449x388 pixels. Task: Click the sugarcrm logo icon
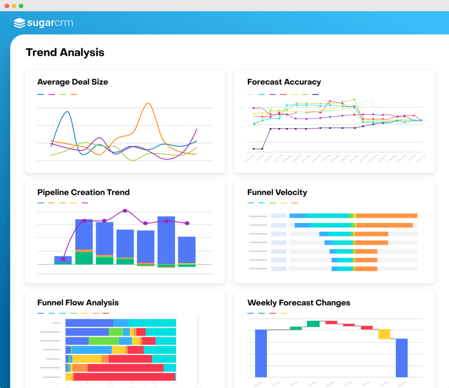[19, 23]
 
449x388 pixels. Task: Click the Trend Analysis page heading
[65, 52]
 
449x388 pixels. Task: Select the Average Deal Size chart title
[72, 82]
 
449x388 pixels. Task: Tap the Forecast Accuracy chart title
[284, 82]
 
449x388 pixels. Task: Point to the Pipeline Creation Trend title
[83, 192]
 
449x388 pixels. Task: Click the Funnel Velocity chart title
[277, 192]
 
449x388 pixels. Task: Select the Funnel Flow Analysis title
[78, 303]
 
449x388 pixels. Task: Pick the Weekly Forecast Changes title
[298, 303]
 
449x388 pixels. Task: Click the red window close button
[7, 6]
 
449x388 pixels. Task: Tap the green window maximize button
[21, 6]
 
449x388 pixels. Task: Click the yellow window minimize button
[14, 6]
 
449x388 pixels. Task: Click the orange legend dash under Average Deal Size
[74, 95]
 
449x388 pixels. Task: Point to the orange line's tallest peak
[148, 103]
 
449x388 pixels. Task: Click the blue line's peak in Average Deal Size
[68, 112]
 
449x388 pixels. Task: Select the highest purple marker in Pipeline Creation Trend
[125, 211]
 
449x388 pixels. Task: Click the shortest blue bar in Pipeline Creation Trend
[63, 259]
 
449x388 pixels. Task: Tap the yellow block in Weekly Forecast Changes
[384, 334]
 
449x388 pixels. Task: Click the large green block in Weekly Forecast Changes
[313, 324]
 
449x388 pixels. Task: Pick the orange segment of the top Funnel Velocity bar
[386, 216]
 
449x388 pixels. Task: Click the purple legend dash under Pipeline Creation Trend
[85, 203]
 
